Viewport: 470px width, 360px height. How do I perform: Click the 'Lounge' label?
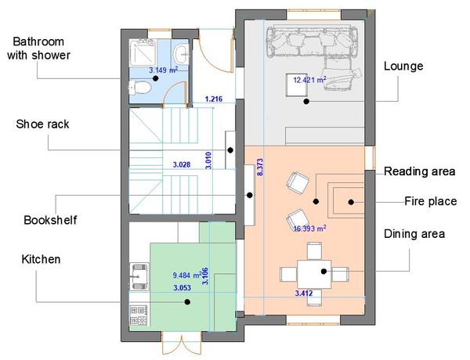403,67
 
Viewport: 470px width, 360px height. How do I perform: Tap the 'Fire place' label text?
430,201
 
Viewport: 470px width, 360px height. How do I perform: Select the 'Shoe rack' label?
42,124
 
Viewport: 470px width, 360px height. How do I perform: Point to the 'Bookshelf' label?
50,220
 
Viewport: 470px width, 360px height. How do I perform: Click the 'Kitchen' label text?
41,259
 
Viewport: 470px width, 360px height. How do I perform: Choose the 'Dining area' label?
414,234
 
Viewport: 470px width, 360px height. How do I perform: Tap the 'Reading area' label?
419,171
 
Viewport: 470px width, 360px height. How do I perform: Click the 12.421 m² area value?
309,80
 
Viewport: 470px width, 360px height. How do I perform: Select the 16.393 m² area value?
309,229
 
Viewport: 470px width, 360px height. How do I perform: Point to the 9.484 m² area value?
187,275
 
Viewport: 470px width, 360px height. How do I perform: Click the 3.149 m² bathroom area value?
164,70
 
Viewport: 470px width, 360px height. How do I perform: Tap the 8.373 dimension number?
260,167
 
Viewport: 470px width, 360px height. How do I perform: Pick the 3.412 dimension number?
304,293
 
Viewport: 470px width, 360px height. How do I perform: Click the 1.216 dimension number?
214,99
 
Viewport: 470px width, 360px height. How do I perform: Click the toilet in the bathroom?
139,88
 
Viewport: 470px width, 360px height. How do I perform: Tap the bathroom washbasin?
181,55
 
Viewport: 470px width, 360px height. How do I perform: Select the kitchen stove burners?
139,315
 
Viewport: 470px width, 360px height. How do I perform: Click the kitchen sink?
139,277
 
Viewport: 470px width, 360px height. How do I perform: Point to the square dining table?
314,274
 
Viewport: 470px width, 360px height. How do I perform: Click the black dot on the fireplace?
351,202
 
